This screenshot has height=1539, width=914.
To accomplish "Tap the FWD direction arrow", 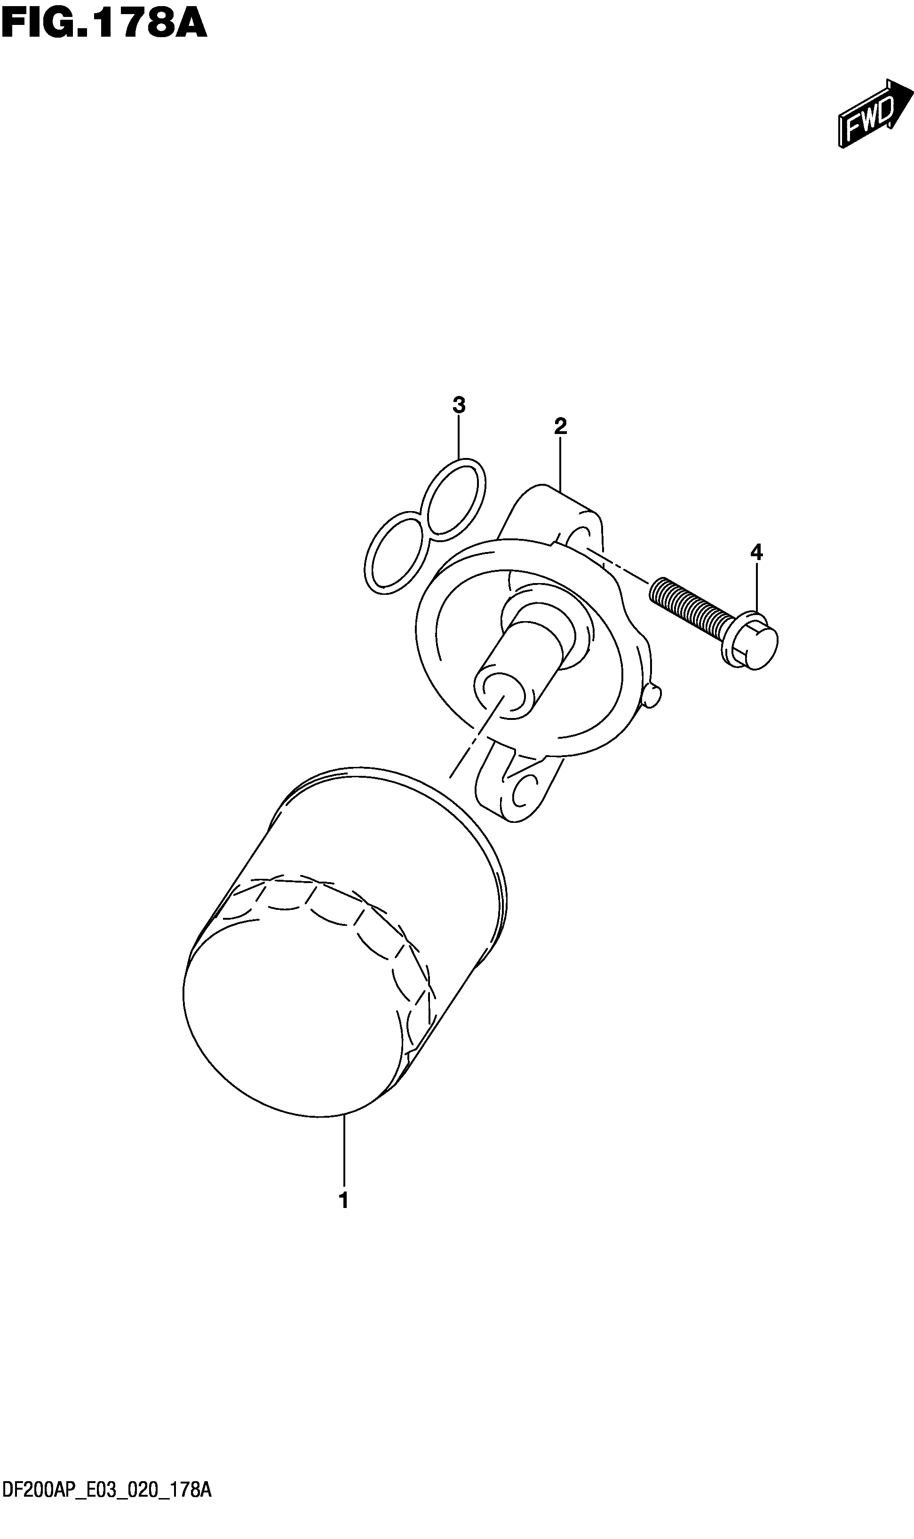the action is pyautogui.click(x=874, y=114).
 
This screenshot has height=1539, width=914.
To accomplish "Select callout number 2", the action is pyautogui.click(x=560, y=426).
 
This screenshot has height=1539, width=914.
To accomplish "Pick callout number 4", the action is pyautogui.click(x=756, y=552).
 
